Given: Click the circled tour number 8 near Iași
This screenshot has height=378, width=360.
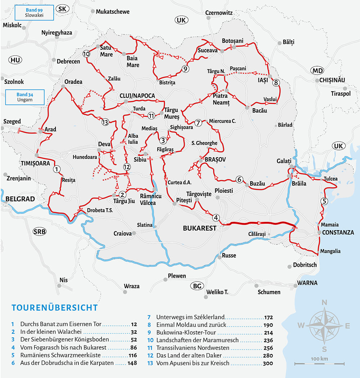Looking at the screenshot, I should tap(276, 83).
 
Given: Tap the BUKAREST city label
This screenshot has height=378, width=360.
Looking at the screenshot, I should tap(199, 228).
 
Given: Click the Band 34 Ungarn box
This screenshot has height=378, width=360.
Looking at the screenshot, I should tap(25, 97).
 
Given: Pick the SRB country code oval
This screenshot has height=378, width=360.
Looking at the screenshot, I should tap(39, 231).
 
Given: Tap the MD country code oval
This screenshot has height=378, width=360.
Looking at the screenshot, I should tap(318, 70).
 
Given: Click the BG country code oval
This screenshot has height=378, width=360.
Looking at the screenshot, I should tap(197, 286).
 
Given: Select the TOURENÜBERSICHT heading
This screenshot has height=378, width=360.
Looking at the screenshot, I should tap(54, 308).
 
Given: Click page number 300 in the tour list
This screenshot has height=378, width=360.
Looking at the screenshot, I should tap(267, 363).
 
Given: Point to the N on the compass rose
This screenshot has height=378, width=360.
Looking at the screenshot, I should tap(324, 302).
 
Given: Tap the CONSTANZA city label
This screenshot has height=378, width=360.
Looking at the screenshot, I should tap(338, 233).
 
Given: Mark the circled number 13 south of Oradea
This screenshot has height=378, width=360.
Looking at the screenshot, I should tap(105, 122).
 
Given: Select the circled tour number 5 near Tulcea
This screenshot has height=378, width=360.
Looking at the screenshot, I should tap(324, 201).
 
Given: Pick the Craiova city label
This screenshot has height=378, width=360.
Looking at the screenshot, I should tap(122, 233).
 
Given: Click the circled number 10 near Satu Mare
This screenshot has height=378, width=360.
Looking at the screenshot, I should tap(86, 54).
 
